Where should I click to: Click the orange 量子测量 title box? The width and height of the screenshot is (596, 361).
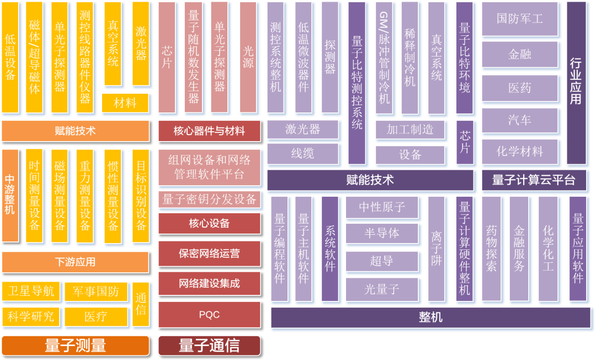click(75, 346)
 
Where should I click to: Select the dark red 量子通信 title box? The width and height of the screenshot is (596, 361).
click(209, 346)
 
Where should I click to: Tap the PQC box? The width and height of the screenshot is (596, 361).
click(209, 315)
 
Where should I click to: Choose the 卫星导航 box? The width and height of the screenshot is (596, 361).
click(31, 291)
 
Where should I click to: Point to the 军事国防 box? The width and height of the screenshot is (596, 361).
click(95, 291)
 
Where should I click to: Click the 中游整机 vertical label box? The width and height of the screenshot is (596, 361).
click(10, 195)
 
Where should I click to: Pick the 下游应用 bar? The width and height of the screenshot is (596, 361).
click(75, 262)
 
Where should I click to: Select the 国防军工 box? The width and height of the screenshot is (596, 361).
click(519, 19)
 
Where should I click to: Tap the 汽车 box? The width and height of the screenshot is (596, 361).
click(519, 119)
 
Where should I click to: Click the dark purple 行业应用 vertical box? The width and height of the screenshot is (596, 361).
click(576, 83)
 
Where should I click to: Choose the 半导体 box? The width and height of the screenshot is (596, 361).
click(382, 233)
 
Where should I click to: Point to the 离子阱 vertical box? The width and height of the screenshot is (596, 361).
click(436, 249)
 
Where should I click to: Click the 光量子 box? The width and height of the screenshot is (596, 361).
click(382, 288)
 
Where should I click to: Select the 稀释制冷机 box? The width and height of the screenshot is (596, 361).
click(409, 57)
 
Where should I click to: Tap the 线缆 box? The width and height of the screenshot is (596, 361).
click(302, 154)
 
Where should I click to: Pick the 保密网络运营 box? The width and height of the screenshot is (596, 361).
click(209, 254)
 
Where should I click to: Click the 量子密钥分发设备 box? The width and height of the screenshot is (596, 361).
click(209, 200)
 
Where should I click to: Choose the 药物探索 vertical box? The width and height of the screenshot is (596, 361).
click(491, 249)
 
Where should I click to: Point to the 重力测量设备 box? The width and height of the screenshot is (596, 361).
click(85, 195)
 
